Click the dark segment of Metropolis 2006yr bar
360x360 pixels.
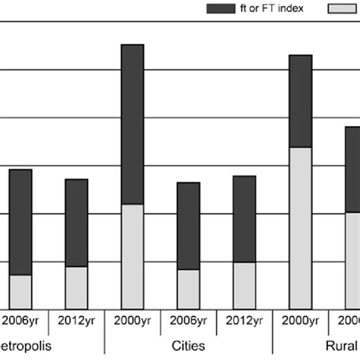point(21,222)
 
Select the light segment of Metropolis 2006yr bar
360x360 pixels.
point(21,291)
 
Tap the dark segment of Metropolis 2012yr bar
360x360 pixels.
point(76,223)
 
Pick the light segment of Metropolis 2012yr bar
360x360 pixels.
point(76,287)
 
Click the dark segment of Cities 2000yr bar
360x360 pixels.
point(132,125)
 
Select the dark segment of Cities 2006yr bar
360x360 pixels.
point(188,226)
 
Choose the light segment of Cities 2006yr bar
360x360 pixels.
point(188,289)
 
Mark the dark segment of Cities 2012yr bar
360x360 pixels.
point(245,219)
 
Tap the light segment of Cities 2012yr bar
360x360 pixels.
point(245,285)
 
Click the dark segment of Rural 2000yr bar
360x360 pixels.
point(301,101)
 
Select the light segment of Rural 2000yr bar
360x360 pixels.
point(301,227)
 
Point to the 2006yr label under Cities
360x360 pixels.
point(188,321)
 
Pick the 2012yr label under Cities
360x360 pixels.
point(245,321)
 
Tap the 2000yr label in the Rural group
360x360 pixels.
point(301,321)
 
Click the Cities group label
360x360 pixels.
point(188,345)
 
